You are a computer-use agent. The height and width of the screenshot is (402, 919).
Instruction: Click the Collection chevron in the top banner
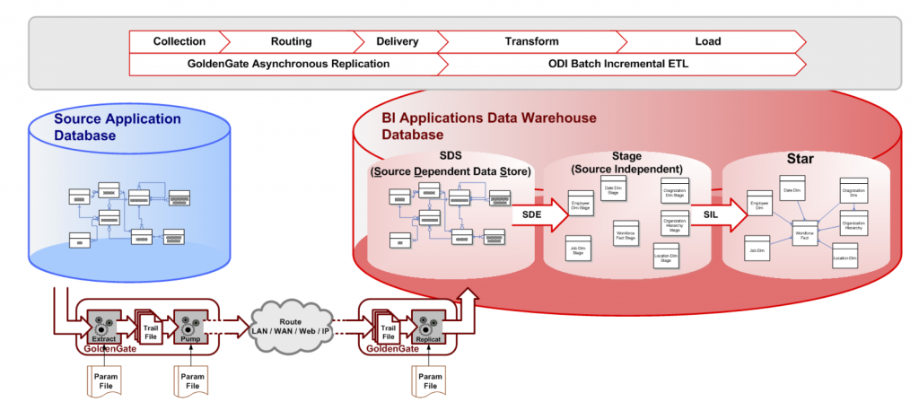coord(179,41)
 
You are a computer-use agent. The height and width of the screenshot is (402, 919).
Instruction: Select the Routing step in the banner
coord(291,41)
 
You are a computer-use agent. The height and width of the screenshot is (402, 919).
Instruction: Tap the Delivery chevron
coord(397,41)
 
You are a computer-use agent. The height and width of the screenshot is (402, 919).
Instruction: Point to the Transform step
coord(531,41)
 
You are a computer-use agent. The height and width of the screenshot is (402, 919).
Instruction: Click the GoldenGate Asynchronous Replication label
coord(288,65)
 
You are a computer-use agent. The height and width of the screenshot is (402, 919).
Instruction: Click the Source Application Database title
coord(117,127)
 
